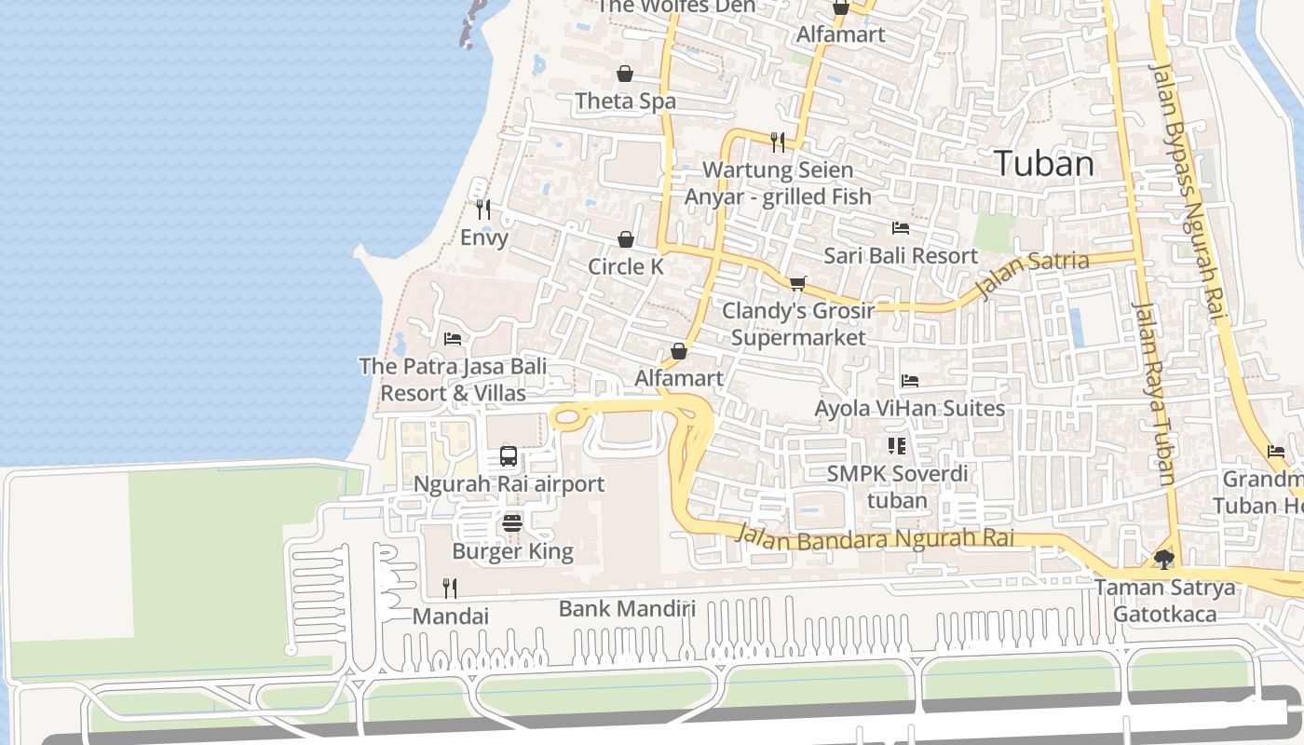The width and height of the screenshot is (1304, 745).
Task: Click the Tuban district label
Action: (x=1043, y=164)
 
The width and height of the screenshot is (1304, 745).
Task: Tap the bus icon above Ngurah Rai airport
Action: (x=509, y=456)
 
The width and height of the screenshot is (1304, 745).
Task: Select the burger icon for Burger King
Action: (x=511, y=523)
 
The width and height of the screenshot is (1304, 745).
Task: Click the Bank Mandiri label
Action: (x=627, y=609)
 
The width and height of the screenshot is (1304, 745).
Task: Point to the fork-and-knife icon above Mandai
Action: (x=450, y=588)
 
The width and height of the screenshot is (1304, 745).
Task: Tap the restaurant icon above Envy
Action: (x=482, y=210)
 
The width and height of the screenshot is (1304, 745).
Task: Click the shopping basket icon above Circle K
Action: (x=626, y=239)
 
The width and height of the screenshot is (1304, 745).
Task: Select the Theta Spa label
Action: (x=625, y=101)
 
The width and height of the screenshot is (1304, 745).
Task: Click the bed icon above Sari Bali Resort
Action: (x=900, y=227)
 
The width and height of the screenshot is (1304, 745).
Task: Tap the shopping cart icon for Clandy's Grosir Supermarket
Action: (x=797, y=283)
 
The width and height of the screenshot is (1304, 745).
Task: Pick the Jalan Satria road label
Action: (x=1032, y=274)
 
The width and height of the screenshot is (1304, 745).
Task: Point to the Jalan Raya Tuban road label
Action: (x=1153, y=391)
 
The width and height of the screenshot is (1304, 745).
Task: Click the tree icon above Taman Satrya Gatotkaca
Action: (x=1163, y=559)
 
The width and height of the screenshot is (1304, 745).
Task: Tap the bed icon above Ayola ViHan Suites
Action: (x=910, y=380)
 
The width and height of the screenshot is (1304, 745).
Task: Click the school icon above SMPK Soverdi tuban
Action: (x=896, y=446)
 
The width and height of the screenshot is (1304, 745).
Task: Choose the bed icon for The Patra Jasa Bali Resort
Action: (x=453, y=338)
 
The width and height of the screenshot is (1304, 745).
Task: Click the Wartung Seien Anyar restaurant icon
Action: (x=778, y=142)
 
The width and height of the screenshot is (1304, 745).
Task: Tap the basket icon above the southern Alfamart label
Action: (x=679, y=351)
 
